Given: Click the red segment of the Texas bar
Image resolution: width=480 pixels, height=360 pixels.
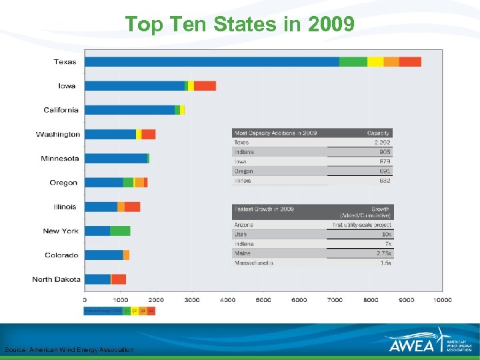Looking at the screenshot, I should pos(410,62).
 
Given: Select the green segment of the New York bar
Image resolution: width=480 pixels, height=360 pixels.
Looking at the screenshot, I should pos(120,231).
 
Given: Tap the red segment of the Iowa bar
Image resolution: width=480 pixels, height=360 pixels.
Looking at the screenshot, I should pos(205,86).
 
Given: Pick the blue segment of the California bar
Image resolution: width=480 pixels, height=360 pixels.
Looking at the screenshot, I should pos(129,110).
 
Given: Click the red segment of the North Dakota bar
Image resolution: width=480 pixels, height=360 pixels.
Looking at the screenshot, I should pos(119,279).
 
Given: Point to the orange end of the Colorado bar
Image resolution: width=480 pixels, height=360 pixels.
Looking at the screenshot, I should pos(126,255).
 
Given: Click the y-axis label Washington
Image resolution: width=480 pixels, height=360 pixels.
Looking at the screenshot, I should pos(58,135).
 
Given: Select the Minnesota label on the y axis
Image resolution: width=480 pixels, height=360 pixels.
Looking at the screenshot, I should pos(59,159).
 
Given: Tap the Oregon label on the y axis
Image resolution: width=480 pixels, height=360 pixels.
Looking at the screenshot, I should pos(63,183).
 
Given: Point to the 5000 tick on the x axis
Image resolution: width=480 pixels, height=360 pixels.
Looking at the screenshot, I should pos(263,300).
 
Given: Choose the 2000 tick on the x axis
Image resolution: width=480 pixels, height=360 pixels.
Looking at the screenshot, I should pos(156,300).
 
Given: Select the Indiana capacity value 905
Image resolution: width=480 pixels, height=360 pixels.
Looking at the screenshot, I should pos(385,152).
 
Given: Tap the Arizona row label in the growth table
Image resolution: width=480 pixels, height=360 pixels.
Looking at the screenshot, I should pos(243,225).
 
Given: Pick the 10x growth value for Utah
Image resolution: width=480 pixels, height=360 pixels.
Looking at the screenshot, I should pos(387,235).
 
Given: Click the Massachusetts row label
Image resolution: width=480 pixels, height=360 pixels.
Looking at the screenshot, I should pos(254,263).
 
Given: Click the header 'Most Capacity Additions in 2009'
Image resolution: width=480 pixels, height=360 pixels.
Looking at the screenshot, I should pos(275,133).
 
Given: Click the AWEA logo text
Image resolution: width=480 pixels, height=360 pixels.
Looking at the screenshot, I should pos(411,345).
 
